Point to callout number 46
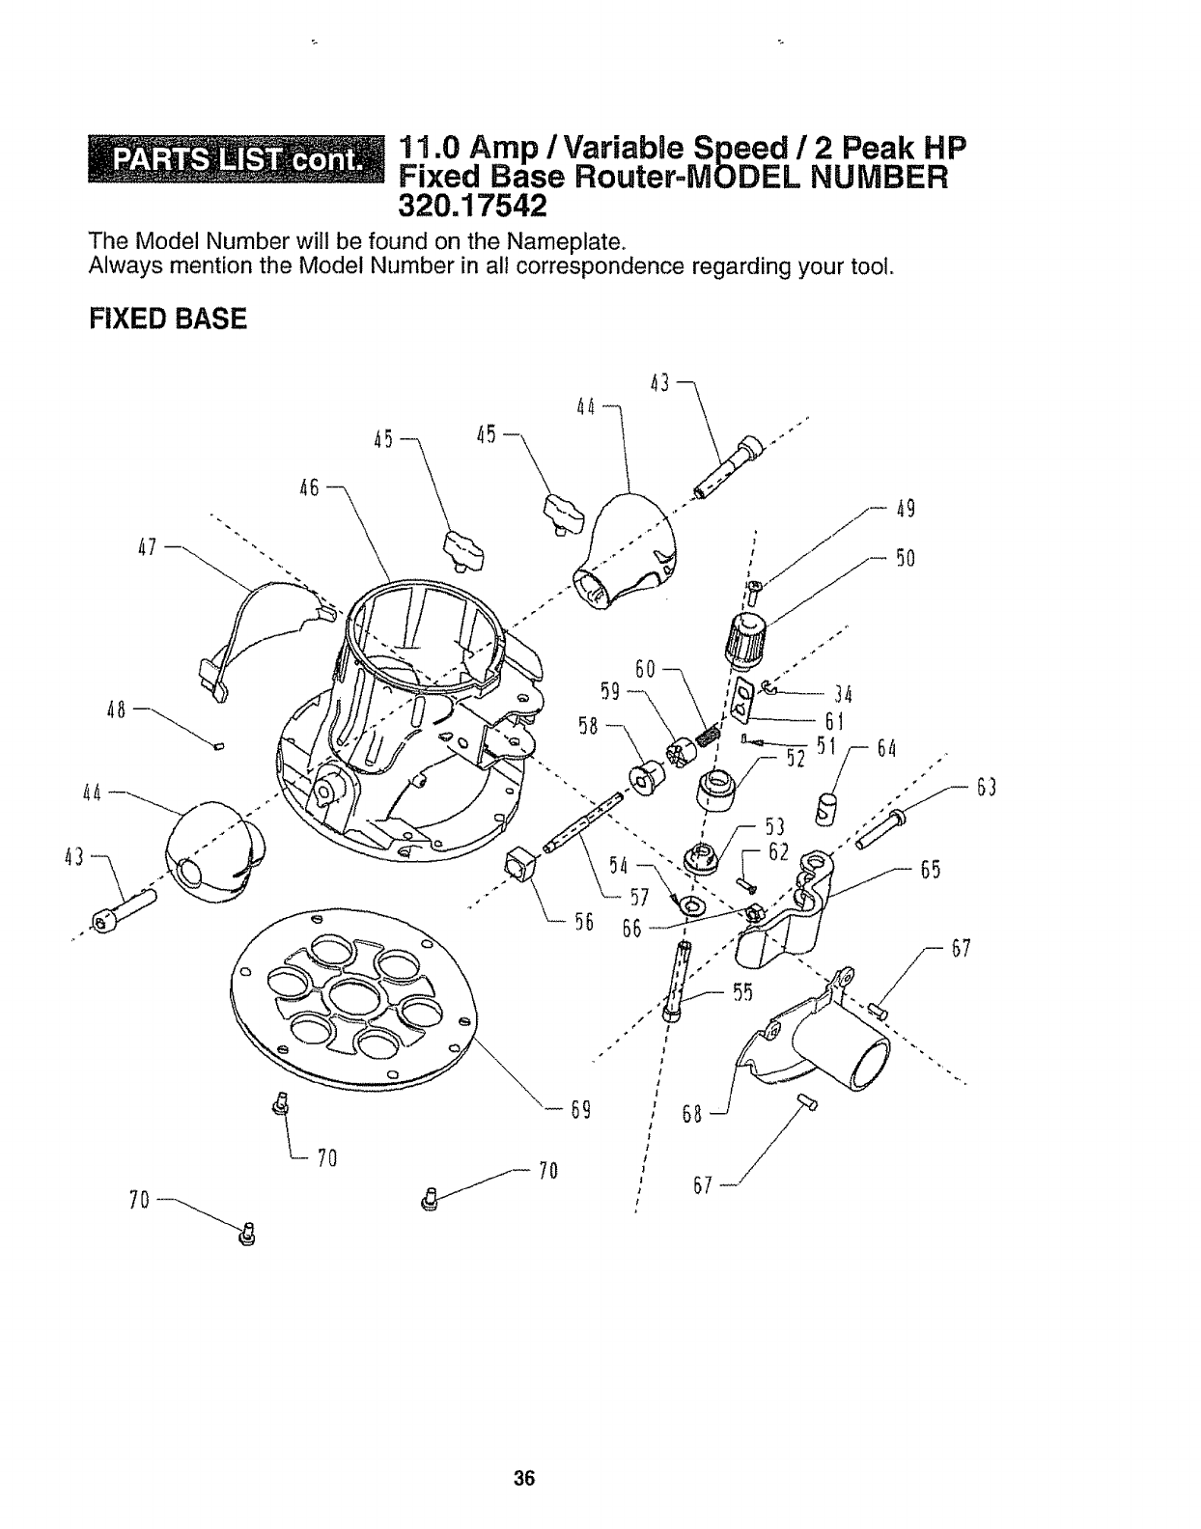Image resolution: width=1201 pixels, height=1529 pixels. point(310,487)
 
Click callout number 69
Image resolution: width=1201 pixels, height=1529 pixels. point(580,1109)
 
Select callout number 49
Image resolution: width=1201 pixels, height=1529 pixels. point(905,509)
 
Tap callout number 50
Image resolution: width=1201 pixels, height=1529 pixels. point(905,559)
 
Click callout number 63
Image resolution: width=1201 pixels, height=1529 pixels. point(985,788)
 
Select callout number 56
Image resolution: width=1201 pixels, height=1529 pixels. point(582,923)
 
